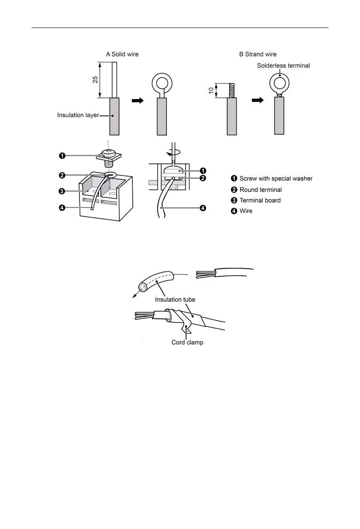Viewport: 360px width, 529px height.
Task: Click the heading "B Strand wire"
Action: point(258,54)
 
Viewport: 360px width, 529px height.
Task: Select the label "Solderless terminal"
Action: point(283,66)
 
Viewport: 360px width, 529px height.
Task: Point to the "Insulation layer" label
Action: point(78,115)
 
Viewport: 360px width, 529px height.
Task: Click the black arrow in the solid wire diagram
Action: point(138,101)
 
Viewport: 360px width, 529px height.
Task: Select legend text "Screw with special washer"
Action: point(276,179)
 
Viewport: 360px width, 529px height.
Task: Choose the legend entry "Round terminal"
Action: point(261,190)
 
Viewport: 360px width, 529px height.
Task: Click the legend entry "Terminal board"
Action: point(260,200)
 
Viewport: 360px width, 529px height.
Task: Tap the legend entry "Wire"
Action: point(246,211)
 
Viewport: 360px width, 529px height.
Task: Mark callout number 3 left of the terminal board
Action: point(63,191)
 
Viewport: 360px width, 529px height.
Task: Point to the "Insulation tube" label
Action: point(175,299)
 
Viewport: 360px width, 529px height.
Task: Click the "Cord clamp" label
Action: point(187,342)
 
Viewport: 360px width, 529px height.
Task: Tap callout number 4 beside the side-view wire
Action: point(202,208)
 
